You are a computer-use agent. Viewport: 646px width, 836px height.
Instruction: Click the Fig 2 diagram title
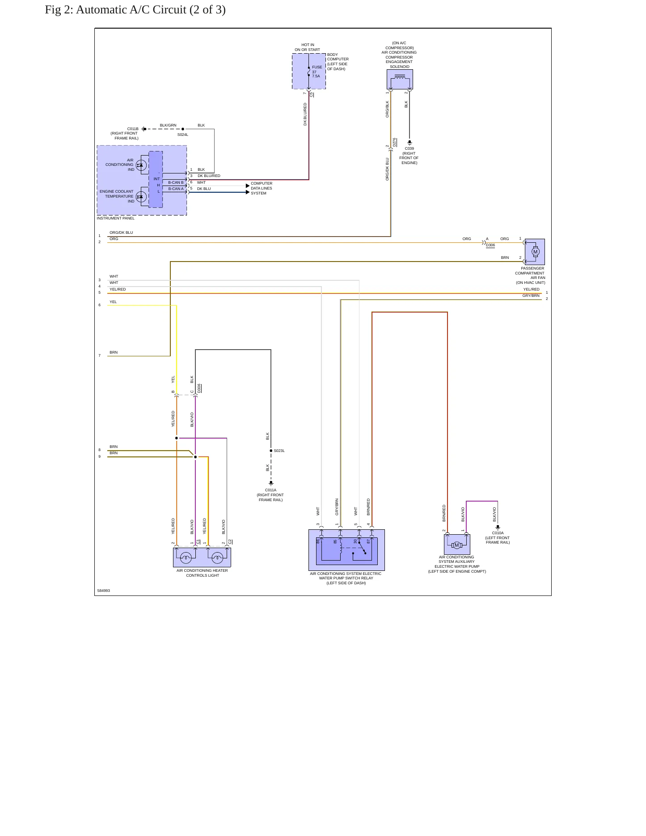coord(135,10)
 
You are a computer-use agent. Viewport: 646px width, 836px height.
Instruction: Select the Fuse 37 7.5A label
coord(317,72)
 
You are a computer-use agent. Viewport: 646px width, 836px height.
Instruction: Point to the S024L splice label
coord(183,135)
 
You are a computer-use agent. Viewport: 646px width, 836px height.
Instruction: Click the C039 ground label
coord(410,148)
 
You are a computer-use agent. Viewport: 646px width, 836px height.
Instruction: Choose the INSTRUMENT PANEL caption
coord(115,218)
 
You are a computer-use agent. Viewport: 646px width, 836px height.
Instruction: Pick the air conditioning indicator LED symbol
coord(141,165)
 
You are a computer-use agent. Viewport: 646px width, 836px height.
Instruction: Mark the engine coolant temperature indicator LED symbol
coord(141,196)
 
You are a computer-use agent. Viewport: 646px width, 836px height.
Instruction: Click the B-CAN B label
coord(176,182)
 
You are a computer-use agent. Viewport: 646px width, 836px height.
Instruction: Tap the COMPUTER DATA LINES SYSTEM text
coord(262,188)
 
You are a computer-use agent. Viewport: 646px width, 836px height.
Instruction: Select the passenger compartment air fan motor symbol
coord(535,252)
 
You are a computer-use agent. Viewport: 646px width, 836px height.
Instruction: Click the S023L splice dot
coord(271,451)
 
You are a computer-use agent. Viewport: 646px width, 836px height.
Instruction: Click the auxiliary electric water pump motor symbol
coord(456,545)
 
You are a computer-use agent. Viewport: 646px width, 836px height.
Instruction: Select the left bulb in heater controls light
coord(186,557)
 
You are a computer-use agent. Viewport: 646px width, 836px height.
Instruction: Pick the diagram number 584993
coord(103,591)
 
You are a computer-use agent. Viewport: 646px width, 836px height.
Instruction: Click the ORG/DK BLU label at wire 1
coord(121,232)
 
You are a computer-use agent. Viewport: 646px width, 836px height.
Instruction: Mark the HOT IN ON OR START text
coord(308,47)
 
